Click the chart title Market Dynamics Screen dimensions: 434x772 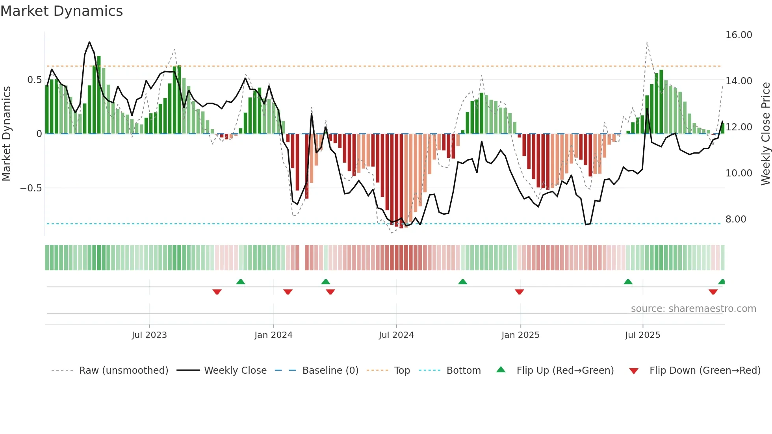61,11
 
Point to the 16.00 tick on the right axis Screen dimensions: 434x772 739,35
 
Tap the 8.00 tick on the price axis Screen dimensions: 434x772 735,219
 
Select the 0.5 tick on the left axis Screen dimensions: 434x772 34,80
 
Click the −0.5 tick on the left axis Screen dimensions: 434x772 31,188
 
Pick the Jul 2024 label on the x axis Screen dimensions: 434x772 396,335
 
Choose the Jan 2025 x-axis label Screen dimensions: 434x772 520,335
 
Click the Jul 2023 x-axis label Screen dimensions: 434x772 149,335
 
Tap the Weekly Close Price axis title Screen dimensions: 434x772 765,134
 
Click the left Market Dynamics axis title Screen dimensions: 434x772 6,134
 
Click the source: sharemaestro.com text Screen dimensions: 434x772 693,309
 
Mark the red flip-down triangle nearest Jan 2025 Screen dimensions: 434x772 519,292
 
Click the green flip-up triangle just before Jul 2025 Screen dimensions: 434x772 628,282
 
